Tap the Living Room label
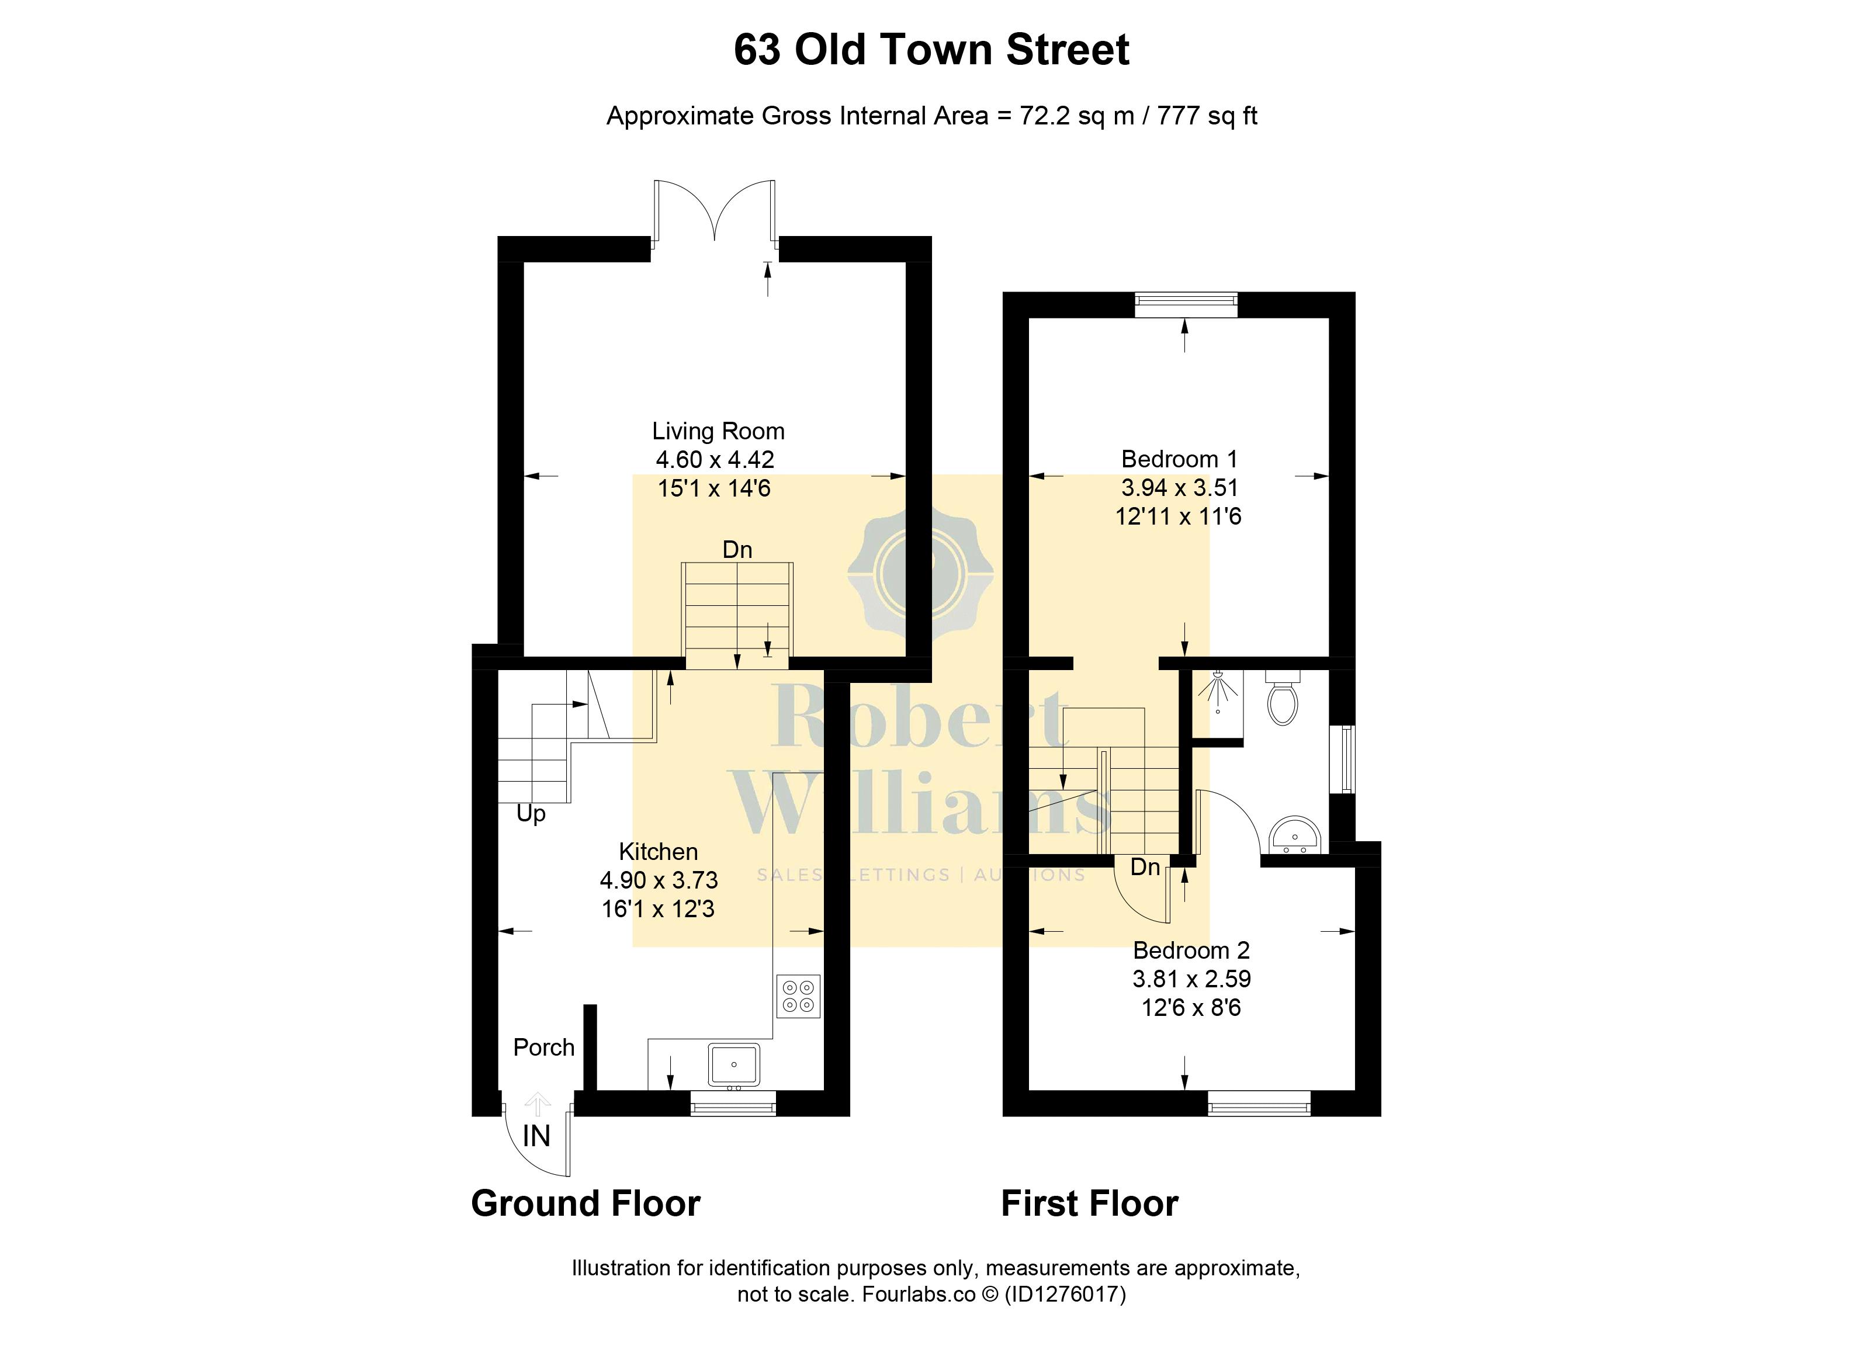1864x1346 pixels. tap(718, 431)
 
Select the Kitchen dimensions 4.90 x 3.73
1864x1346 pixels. tap(659, 880)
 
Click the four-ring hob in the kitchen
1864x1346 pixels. tap(799, 996)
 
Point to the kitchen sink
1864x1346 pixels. tap(734, 1064)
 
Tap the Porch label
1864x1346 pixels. tap(544, 1047)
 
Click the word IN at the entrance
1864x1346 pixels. tap(536, 1136)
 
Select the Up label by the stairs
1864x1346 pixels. tap(531, 814)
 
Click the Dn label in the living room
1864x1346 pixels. tap(737, 550)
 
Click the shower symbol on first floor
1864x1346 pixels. tap(1218, 691)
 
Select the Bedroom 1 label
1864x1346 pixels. tap(1179, 459)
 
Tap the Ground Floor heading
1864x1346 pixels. tap(586, 1204)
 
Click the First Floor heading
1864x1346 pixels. tap(1090, 1204)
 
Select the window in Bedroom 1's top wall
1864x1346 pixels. tap(1186, 304)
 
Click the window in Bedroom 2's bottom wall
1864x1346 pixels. tap(1259, 1104)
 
